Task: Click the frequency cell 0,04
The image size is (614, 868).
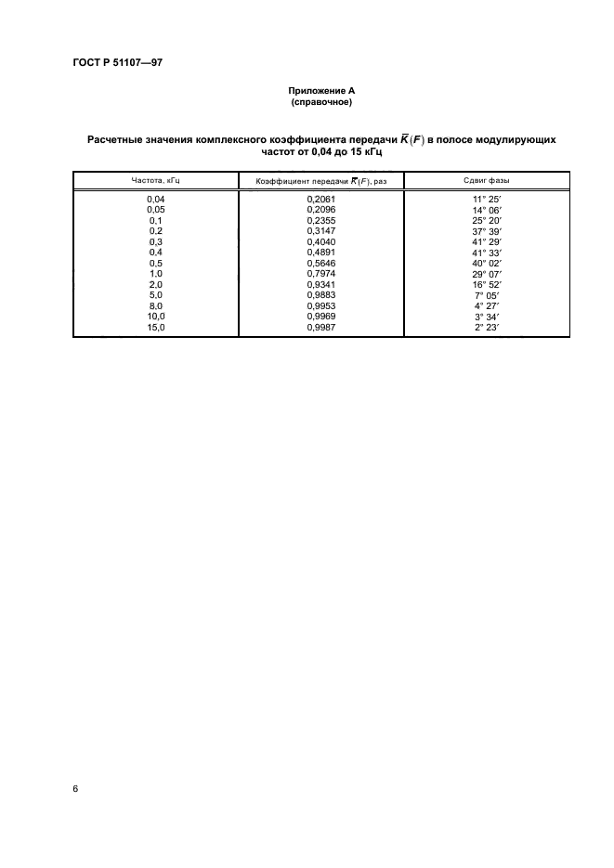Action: point(156,200)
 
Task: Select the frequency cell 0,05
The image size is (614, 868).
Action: point(156,210)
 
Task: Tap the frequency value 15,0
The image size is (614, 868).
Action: point(156,326)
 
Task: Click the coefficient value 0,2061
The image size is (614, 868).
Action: point(320,200)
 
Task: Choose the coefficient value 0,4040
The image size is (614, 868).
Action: point(320,241)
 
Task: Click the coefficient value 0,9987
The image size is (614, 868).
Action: point(320,326)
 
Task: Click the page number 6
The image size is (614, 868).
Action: point(76,788)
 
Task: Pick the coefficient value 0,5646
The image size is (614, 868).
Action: point(320,263)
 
